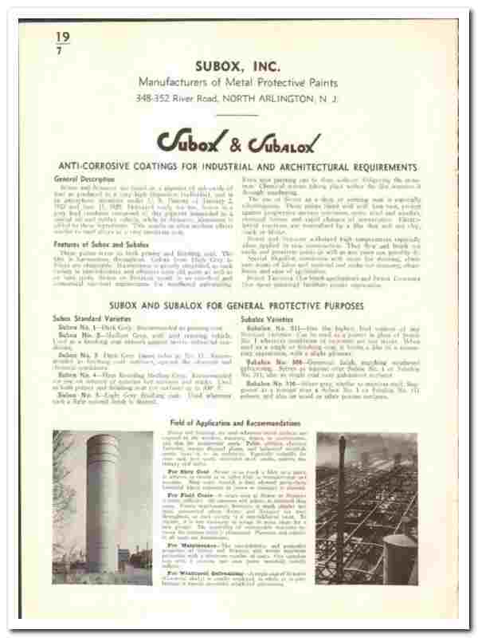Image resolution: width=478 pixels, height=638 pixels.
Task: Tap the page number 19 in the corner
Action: (63, 36)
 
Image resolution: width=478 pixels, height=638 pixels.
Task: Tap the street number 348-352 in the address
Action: (151, 98)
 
